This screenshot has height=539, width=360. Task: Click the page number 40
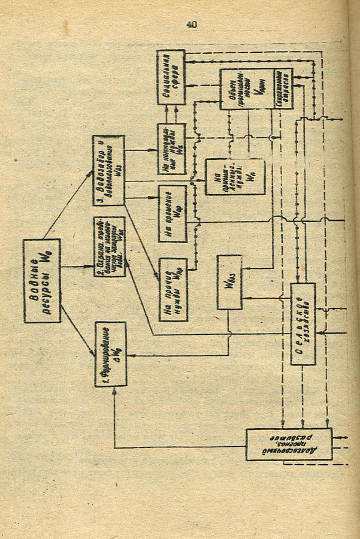tap(191, 24)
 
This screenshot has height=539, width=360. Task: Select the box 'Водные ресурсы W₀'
tap(42, 281)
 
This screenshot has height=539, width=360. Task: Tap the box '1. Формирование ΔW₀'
tap(111, 353)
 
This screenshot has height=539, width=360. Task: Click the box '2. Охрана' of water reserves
tap(110, 247)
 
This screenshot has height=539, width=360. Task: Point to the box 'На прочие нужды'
tap(173, 290)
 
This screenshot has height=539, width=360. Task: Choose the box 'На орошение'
tap(173, 213)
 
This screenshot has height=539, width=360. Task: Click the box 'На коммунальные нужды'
tap(171, 149)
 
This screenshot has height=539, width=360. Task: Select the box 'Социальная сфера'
tap(171, 77)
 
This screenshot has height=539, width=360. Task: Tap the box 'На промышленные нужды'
tap(226, 177)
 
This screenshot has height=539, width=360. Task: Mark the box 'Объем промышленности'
tap(246, 89)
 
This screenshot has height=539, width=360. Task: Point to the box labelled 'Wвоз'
tap(229, 282)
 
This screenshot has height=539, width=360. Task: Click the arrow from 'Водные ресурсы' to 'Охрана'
tap(78, 265)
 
